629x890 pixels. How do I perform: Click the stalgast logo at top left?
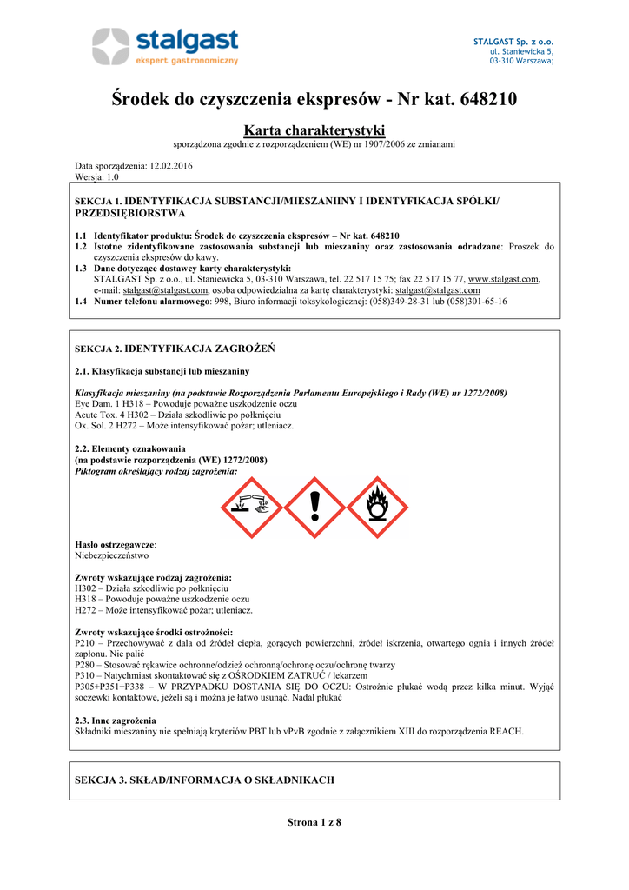(166, 46)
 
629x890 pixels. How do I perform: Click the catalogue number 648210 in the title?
(486, 99)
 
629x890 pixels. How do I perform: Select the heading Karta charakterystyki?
(314, 130)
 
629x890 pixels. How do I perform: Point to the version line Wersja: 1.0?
(96, 176)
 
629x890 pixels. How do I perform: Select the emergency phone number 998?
(221, 302)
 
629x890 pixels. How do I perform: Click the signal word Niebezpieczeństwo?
(112, 554)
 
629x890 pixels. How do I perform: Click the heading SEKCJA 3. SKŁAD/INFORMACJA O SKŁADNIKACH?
(205, 780)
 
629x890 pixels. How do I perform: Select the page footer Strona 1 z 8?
(314, 822)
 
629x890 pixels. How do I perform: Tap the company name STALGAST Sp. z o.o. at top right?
(513, 42)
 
